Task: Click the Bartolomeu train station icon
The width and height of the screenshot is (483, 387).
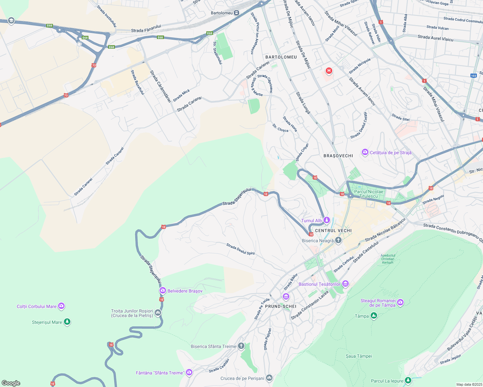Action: point(237,13)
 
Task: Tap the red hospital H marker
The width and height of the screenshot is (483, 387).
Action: point(329,71)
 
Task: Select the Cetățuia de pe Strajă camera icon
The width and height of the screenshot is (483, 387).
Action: point(365,152)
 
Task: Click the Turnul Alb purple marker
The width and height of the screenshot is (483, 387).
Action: point(327,220)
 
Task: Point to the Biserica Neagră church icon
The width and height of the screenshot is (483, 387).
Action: point(338,240)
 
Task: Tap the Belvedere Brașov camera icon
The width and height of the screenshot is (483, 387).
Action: point(163,291)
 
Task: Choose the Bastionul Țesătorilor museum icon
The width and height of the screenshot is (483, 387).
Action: point(345,284)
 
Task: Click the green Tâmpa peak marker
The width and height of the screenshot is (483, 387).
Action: point(374,316)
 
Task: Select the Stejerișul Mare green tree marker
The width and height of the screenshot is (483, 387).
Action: point(67,322)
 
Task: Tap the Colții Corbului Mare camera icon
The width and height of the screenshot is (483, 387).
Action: point(61,306)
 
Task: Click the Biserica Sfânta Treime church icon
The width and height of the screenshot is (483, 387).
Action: point(241,346)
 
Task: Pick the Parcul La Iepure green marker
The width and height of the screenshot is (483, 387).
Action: point(408,381)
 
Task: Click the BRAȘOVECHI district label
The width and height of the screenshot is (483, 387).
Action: point(338,156)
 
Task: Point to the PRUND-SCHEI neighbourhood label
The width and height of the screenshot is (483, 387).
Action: point(281,306)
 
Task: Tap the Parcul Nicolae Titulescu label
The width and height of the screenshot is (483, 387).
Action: point(369,194)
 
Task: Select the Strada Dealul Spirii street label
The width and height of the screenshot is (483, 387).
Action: point(241,249)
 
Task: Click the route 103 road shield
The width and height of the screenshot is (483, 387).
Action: point(473,76)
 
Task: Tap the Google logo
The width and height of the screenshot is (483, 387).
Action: point(11,383)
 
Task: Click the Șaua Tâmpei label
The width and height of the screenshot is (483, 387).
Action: point(359,356)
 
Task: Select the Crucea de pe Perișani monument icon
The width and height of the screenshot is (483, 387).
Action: point(269,378)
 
